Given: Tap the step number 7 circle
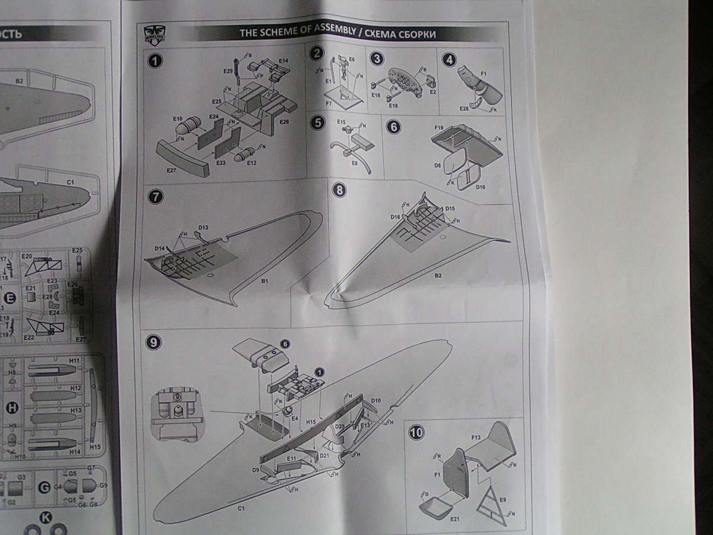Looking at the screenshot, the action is coord(154,197).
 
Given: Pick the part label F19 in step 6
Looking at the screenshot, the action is coord(439,127).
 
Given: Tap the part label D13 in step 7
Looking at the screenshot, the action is coord(203,228).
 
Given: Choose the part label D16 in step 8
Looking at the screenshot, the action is coord(395,217).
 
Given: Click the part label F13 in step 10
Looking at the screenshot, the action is coord(476,438).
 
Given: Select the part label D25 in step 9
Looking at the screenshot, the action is coord(340,426).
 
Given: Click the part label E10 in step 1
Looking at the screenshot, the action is coord(178,119).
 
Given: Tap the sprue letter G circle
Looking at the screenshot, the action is coord(43,487).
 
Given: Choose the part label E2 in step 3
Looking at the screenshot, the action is coord(433,92).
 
